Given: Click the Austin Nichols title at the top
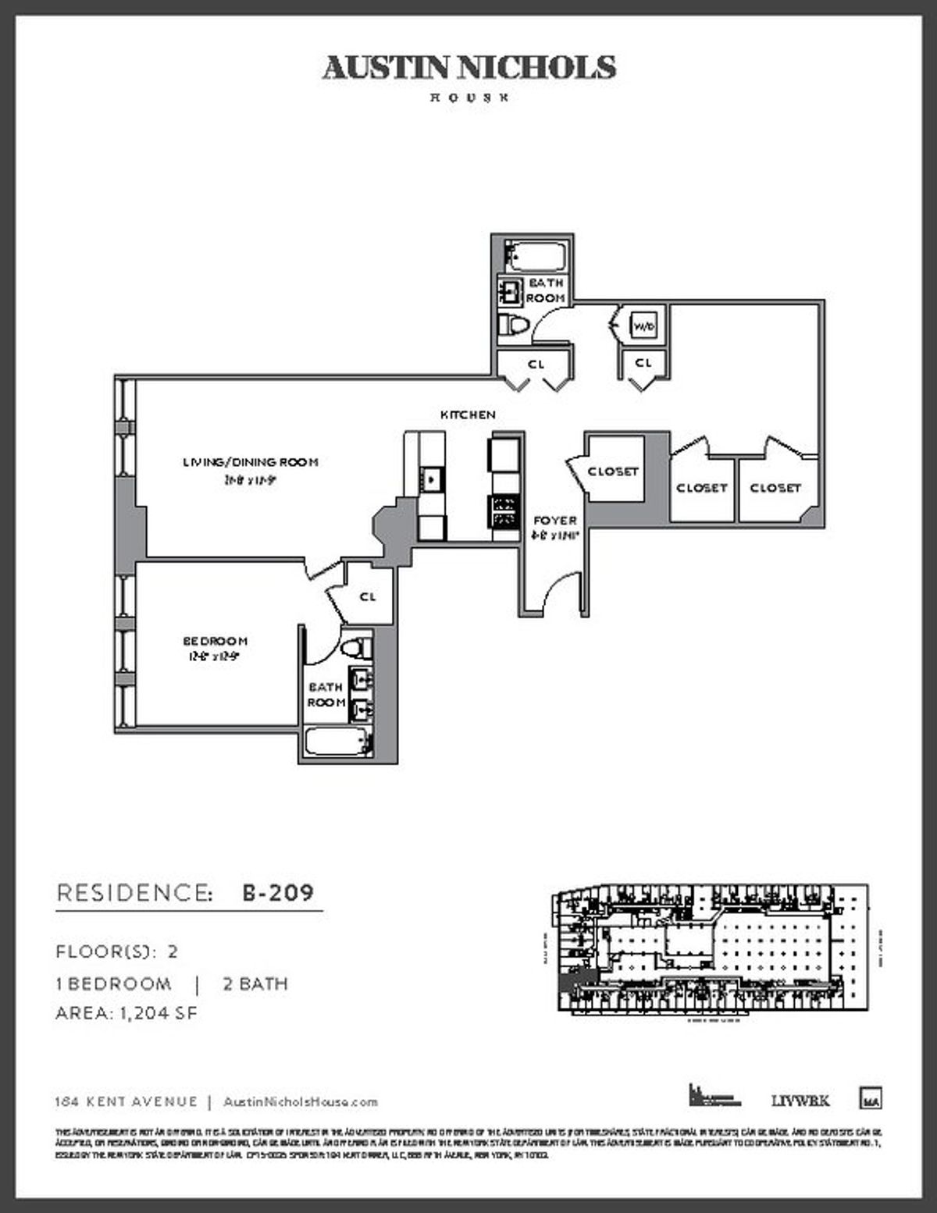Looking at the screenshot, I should [468, 69].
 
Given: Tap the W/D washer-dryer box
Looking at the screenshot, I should [643, 325].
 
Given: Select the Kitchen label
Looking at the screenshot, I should [468, 414].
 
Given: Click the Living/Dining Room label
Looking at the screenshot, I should [250, 462].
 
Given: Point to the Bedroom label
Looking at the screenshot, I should [215, 641].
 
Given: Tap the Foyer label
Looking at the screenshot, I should [555, 520].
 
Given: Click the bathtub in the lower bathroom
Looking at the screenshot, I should [337, 742].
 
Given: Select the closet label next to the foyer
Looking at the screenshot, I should [613, 471].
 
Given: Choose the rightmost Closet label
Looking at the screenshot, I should [775, 488].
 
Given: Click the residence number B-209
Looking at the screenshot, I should [278, 892].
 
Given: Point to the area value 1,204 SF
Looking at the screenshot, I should [158, 1013].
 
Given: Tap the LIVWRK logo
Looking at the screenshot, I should [800, 1101].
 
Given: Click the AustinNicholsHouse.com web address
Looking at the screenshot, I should [301, 1102].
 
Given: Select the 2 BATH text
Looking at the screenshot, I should [255, 984].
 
